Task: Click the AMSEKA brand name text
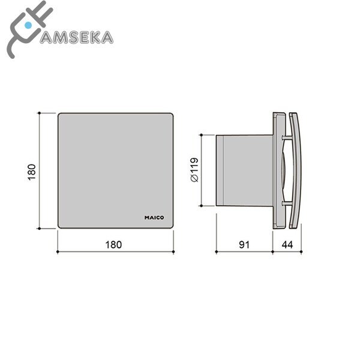(75, 37)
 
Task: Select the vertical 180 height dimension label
(33, 170)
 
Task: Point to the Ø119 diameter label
(193, 170)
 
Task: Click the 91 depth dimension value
(244, 245)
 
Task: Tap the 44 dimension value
(287, 245)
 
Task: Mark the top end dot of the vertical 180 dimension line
(39, 112)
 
